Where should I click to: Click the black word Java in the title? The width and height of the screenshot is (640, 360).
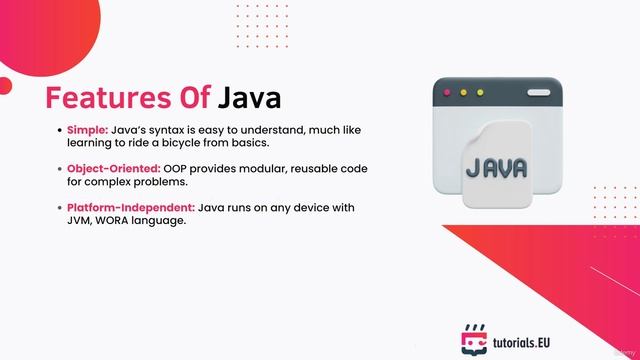[x=250, y=99]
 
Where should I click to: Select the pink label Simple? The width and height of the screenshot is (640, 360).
[x=88, y=130]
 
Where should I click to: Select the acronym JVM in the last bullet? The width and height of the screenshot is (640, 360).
[x=81, y=220]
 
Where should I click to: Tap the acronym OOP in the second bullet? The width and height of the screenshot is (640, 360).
[x=179, y=168]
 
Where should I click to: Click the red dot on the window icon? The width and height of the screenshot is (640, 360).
[x=447, y=93]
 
